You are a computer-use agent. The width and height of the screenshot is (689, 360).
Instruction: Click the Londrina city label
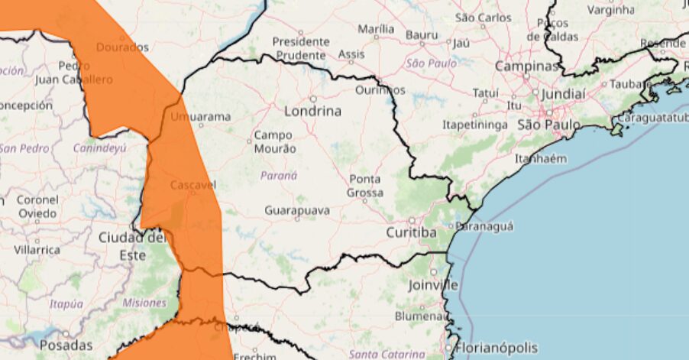(312, 112)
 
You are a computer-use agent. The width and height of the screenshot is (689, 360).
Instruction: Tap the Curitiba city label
(411, 232)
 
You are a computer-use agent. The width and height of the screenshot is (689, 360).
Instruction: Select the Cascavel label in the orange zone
(193, 185)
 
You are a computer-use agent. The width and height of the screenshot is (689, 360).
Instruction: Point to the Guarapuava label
(297, 209)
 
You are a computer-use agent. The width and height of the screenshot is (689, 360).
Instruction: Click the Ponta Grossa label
(365, 186)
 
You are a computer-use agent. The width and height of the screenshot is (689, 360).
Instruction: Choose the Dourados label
(122, 47)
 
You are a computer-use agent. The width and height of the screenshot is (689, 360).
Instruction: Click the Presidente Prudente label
(301, 48)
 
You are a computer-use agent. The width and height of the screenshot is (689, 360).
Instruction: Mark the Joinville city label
(432, 285)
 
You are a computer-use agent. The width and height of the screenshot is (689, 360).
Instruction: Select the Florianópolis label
(497, 348)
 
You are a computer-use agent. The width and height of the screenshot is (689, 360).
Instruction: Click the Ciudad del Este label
(132, 246)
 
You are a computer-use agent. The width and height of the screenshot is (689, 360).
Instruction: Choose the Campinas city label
(526, 66)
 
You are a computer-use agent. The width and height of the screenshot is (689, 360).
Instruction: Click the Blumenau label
(421, 316)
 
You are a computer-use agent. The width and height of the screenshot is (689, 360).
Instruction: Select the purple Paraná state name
(279, 175)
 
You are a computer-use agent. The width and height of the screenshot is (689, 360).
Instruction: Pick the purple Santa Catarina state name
(387, 354)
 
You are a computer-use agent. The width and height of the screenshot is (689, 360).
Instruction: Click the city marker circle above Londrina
(312, 99)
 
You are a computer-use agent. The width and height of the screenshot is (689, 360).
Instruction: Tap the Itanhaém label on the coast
(541, 158)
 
